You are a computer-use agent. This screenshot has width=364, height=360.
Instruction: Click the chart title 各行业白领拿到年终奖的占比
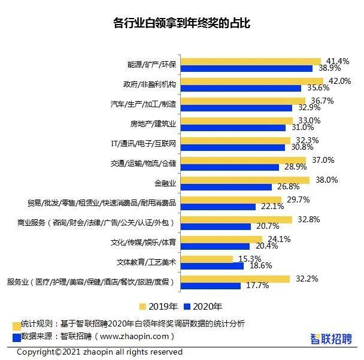[181, 24]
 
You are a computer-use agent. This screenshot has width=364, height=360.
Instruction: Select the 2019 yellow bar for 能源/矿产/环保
[251, 61]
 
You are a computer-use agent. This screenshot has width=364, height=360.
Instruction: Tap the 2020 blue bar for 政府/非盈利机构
[241, 88]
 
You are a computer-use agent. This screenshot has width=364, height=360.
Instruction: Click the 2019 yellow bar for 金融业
[245, 180]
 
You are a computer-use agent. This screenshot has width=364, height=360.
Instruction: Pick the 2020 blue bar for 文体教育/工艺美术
[212, 265]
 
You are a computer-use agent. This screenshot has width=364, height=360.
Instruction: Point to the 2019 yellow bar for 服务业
[235, 279]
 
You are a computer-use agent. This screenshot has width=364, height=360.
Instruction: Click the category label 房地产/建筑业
[153, 124]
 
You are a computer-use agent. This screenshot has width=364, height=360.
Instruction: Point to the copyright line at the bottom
[99, 352]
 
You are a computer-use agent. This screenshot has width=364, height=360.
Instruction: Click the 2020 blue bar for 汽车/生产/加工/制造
[236, 108]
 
